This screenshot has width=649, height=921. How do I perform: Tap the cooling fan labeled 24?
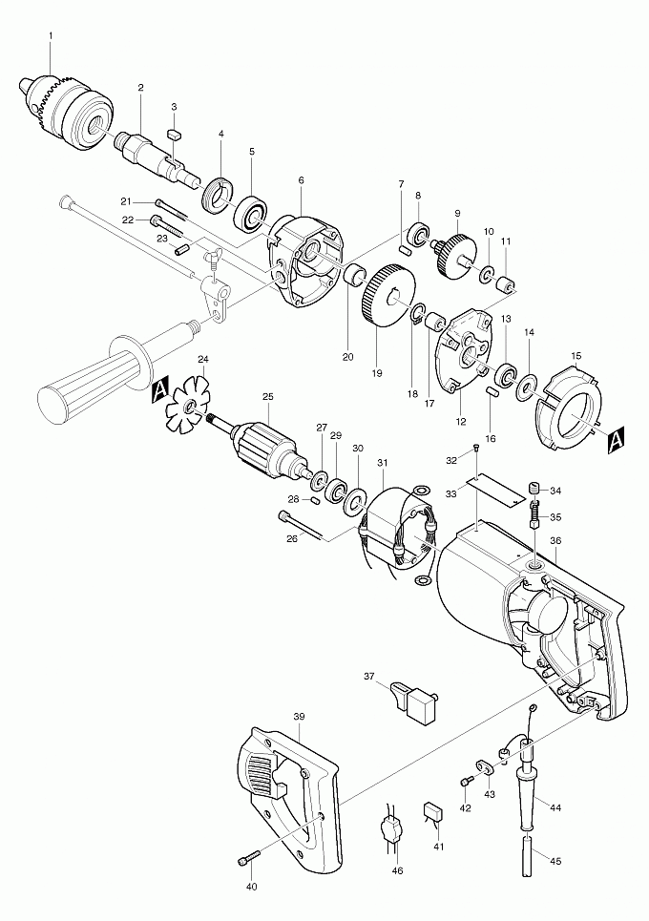point(189,407)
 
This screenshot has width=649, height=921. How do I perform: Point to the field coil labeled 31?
point(396,530)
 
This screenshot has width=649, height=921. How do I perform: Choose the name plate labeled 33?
point(495,490)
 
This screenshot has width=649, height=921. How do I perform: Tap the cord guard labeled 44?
point(529,787)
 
